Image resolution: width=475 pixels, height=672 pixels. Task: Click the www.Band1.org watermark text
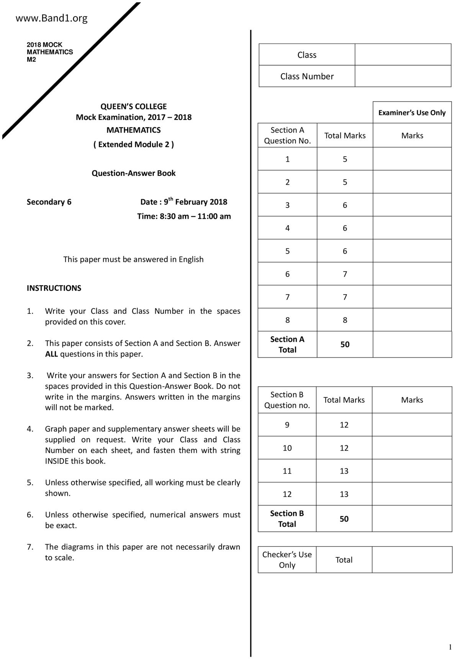[x=51, y=18]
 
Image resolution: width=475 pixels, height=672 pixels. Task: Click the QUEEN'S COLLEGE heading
[x=133, y=107]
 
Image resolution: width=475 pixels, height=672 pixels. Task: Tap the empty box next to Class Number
[x=403, y=76]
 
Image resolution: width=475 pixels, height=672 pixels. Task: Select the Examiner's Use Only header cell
[x=412, y=113]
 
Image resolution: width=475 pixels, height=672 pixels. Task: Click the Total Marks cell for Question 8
[x=345, y=320]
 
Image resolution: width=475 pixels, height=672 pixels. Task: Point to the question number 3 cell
[x=287, y=205]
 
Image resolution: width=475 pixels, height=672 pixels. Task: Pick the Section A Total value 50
[x=345, y=344]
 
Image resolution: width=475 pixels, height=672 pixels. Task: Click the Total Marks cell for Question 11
[x=344, y=471]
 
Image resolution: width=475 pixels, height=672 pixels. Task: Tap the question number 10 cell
[x=287, y=448]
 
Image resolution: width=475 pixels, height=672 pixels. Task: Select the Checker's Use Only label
[x=287, y=560]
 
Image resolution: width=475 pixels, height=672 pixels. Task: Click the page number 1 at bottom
[x=450, y=647]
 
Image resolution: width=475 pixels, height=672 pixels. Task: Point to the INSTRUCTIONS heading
[x=54, y=288]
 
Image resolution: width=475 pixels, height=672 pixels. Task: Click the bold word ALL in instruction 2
[x=51, y=354]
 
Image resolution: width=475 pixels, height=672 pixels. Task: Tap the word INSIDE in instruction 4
[x=57, y=461]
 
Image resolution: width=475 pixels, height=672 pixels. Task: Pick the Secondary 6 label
[x=49, y=202]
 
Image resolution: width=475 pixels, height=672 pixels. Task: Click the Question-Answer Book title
[x=133, y=173]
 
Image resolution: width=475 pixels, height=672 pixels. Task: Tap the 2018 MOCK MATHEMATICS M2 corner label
[x=49, y=52]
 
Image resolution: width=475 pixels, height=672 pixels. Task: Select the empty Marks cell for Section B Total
[x=412, y=519]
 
